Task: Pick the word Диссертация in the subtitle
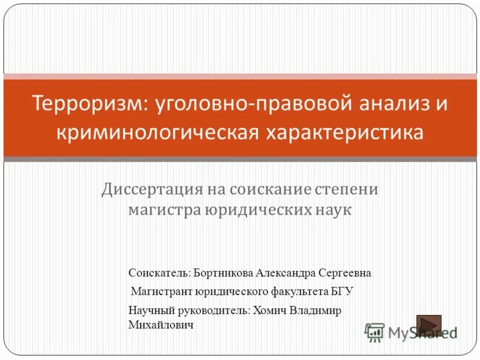[x=151, y=190]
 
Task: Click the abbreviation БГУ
[x=341, y=292]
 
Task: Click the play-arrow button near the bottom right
[x=428, y=325]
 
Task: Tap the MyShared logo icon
[x=374, y=332]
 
